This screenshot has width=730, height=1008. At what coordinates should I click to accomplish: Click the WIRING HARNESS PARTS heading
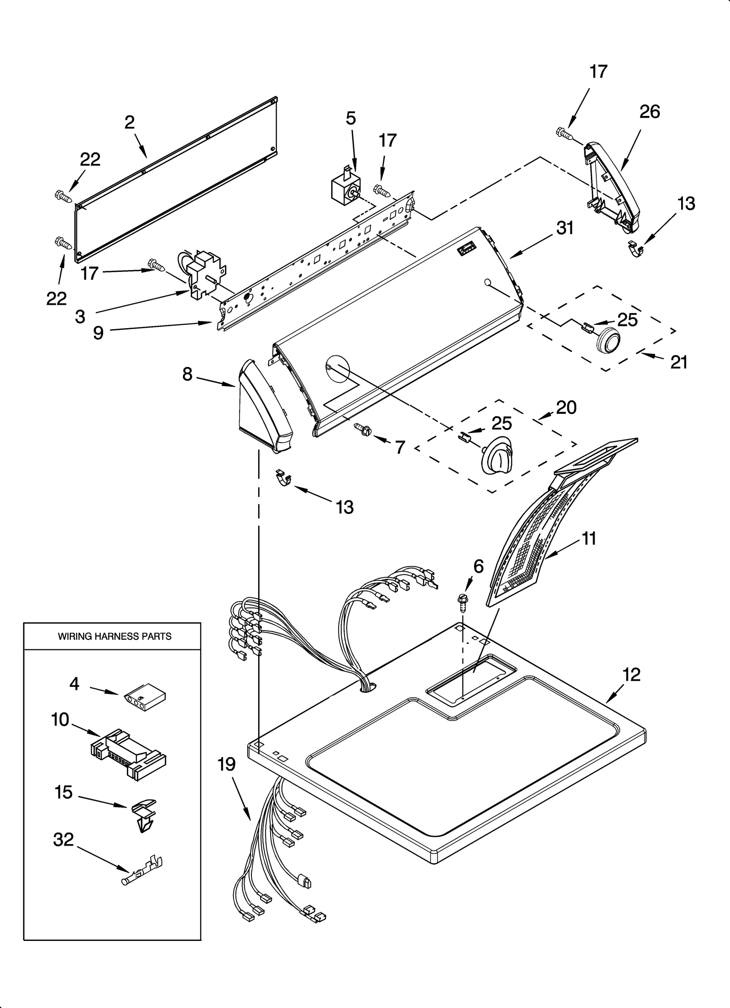click(115, 636)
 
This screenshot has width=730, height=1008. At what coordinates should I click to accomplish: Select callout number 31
click(565, 228)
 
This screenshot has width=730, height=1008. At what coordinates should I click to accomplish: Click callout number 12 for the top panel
click(631, 674)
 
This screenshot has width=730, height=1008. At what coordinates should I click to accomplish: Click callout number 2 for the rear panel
click(130, 122)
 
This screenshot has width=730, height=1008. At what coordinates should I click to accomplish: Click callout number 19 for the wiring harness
click(227, 764)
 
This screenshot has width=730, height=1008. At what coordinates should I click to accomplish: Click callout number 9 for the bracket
click(98, 333)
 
